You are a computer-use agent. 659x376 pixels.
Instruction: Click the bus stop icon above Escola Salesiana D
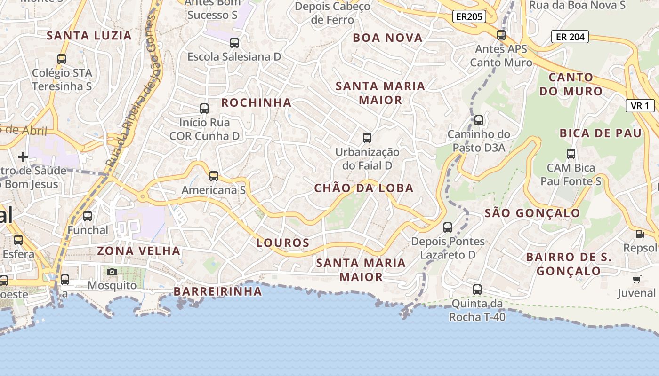point(234,43)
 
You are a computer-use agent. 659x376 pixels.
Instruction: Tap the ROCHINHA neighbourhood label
point(257,102)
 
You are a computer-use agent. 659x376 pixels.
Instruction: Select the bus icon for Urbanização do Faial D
point(367,138)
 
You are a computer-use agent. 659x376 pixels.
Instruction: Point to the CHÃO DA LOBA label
point(364,188)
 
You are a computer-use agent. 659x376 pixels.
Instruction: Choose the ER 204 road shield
point(570,37)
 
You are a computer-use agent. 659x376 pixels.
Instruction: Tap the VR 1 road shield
point(640,106)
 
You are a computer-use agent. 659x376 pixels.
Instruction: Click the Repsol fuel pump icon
point(640,234)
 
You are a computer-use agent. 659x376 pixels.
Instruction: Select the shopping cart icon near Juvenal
point(637,280)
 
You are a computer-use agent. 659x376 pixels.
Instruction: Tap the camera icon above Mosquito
point(112,272)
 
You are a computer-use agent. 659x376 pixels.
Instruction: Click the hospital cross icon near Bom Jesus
point(23,157)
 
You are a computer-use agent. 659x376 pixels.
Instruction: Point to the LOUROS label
point(283,243)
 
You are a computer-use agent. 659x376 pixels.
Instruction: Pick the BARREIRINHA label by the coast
point(218,291)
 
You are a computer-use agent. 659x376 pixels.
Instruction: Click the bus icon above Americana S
point(214,176)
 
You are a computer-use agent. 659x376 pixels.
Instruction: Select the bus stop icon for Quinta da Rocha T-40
point(477,289)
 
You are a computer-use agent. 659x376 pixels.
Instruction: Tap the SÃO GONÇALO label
point(533,213)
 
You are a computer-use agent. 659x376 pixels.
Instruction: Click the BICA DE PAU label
point(601,133)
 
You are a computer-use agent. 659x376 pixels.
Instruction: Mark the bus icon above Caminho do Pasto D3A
point(479,120)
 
